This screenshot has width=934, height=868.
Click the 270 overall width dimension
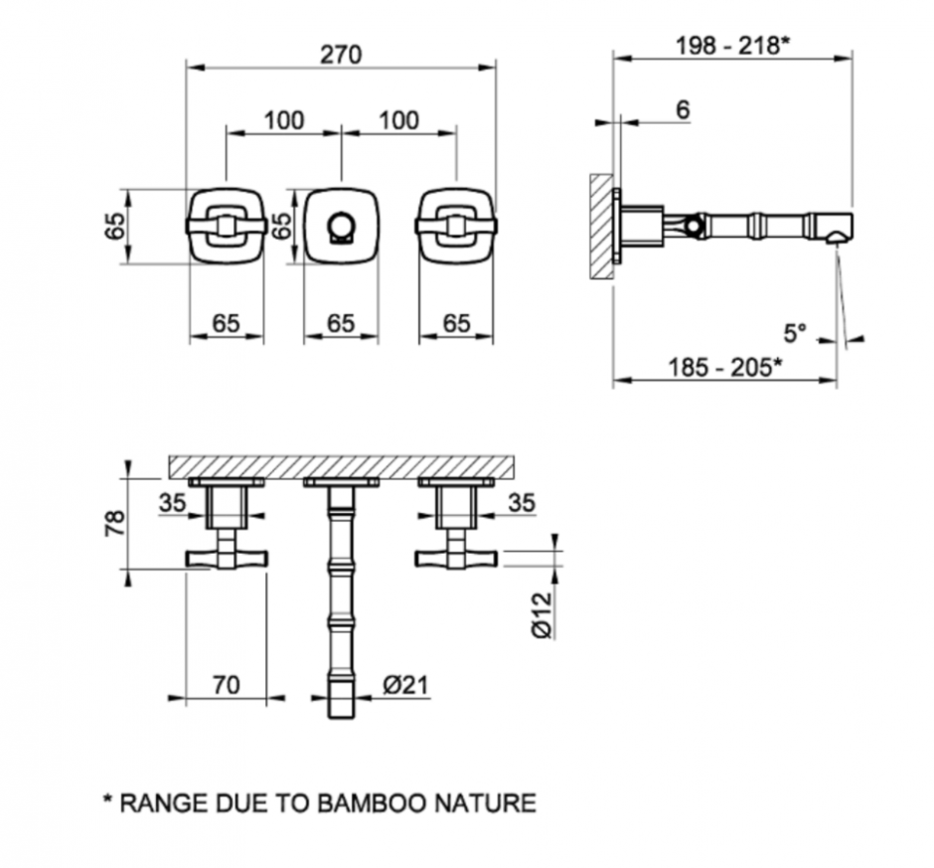tap(341, 55)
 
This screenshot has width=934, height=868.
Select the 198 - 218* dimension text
tap(732, 46)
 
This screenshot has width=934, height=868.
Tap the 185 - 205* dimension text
tap(725, 367)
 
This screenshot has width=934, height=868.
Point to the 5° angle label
tap(795, 333)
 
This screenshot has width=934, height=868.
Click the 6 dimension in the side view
tap(683, 109)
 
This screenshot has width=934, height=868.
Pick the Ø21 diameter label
tap(405, 686)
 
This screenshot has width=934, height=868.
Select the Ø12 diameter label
tap(543, 615)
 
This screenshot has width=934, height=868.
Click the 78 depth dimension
tap(115, 523)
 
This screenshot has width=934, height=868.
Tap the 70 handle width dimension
tap(227, 686)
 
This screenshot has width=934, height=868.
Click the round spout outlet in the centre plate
tap(341, 228)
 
